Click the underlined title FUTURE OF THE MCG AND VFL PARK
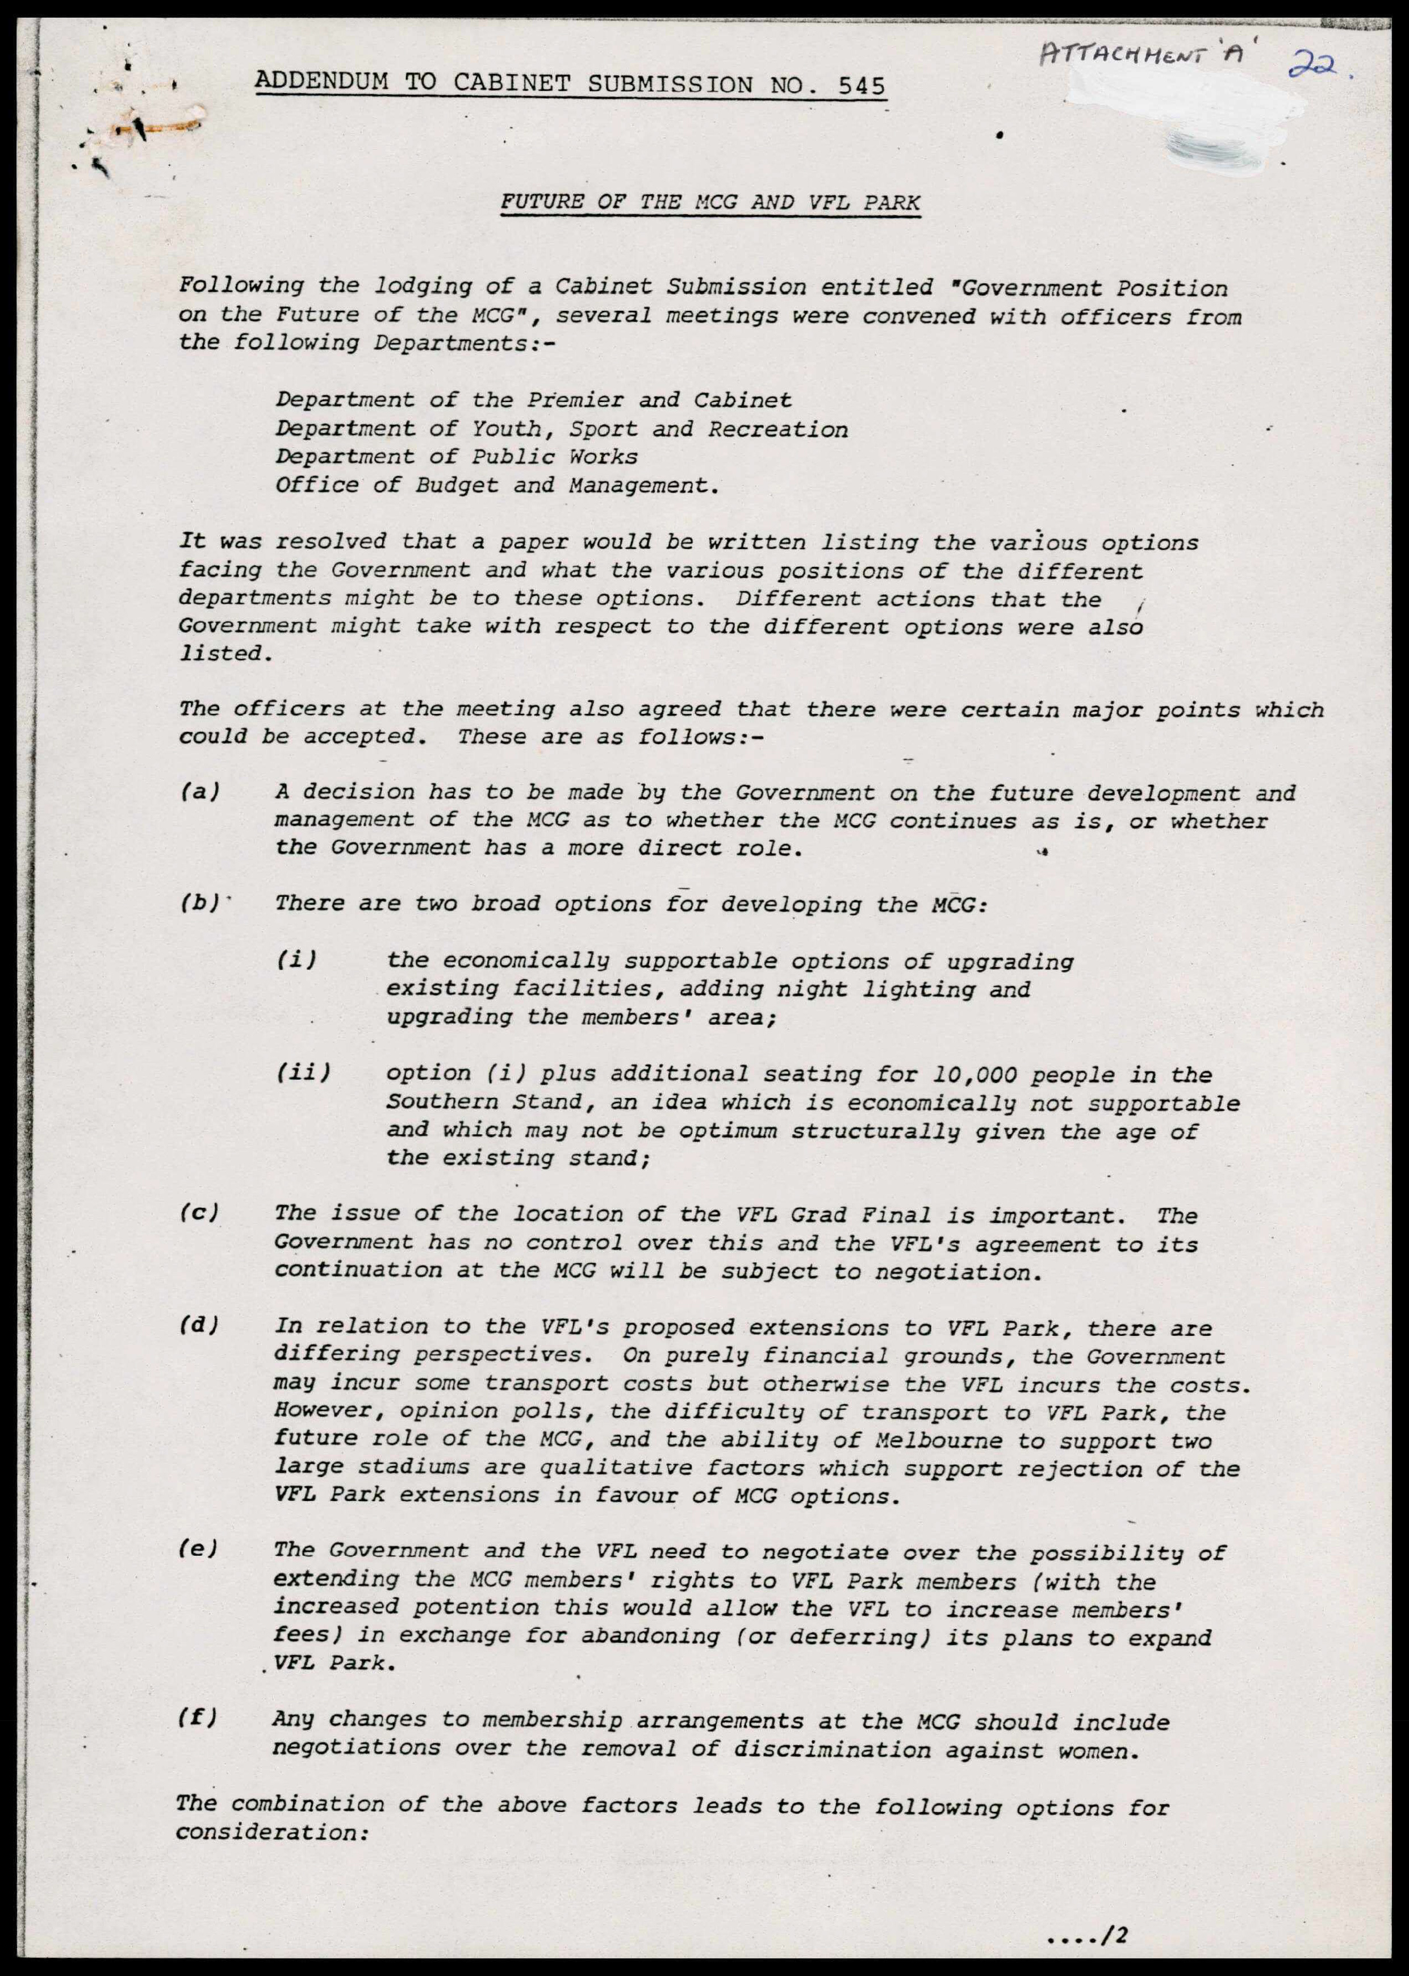pyautogui.click(x=710, y=203)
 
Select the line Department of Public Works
pyautogui.click(x=457, y=457)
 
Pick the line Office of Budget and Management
pyautogui.click(x=497, y=485)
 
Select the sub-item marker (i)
pyautogui.click(x=296, y=960)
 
